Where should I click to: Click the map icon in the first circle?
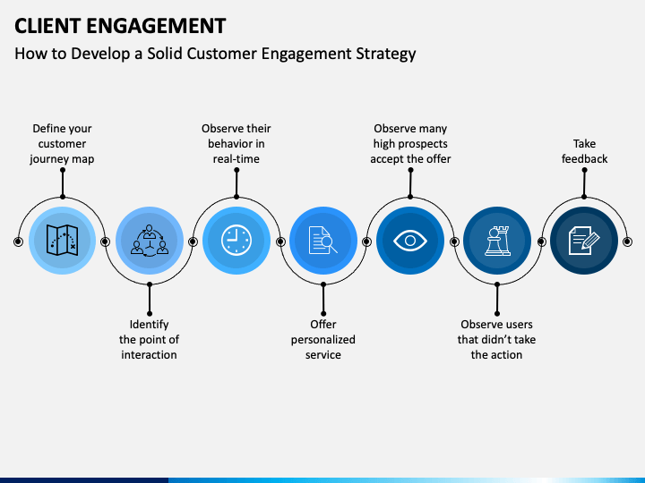pyautogui.click(x=62, y=241)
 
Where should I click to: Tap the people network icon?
pyautogui.click(x=150, y=241)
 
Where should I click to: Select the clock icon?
pyautogui.click(x=236, y=241)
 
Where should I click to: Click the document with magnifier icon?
pyautogui.click(x=322, y=241)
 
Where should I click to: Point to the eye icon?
pyautogui.click(x=409, y=241)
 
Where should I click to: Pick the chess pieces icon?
pyautogui.click(x=497, y=241)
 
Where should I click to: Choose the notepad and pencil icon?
pyautogui.click(x=584, y=241)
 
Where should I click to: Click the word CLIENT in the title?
pyautogui.click(x=47, y=26)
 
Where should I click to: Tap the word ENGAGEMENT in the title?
pyautogui.click(x=156, y=26)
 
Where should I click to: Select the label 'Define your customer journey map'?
pyautogui.click(x=62, y=144)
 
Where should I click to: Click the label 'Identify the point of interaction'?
pyautogui.click(x=149, y=340)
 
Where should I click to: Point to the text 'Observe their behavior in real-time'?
pyautogui.click(x=236, y=144)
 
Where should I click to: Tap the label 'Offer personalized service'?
pyautogui.click(x=323, y=340)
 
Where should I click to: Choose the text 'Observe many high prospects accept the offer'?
pyautogui.click(x=410, y=144)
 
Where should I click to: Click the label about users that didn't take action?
pyautogui.click(x=496, y=340)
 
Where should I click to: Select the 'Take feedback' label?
pyautogui.click(x=584, y=151)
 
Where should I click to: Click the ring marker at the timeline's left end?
pyautogui.click(x=18, y=241)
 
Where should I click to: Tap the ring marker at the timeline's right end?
pyautogui.click(x=627, y=241)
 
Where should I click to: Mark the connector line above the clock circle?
pyautogui.click(x=236, y=183)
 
